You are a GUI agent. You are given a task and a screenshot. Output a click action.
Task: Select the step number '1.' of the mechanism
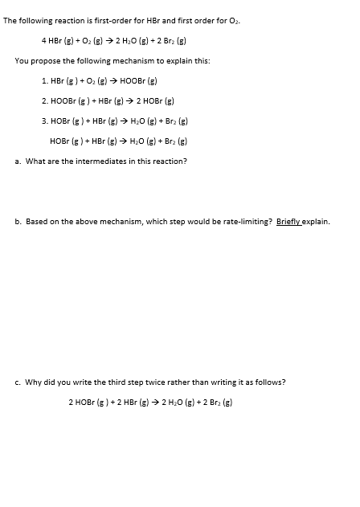(45, 81)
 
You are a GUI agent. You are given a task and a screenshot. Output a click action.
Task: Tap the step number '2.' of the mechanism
(45, 101)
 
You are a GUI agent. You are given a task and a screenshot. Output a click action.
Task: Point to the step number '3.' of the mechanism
(45, 121)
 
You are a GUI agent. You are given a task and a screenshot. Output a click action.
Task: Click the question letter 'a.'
(18, 161)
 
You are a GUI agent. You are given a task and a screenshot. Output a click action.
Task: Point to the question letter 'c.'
(18, 382)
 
